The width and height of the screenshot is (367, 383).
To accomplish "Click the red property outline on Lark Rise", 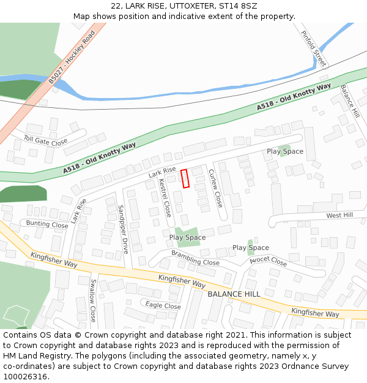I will tap(185, 178).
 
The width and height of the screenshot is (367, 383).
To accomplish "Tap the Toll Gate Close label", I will tap(45, 141).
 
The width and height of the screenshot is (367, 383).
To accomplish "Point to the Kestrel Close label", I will tap(165, 197).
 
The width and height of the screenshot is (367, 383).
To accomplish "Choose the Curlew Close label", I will tap(215, 188).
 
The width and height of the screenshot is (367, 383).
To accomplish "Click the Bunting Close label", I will tap(47, 224).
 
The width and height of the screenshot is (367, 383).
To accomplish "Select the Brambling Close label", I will tap(195, 258).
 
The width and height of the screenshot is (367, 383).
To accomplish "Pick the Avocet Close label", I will tap(269, 261).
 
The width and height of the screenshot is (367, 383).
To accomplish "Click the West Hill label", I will tap(339, 216).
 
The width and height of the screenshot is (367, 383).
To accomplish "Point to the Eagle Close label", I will tap(163, 306).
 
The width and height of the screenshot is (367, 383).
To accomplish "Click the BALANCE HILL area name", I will tap(234, 294).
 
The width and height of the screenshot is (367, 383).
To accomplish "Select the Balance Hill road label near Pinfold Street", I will tap(350, 101).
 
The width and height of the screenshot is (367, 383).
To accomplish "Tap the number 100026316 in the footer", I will tap(25, 377).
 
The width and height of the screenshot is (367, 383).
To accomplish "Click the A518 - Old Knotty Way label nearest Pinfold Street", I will tap(294, 96).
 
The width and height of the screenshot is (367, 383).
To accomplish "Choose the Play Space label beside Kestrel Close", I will tap(187, 237).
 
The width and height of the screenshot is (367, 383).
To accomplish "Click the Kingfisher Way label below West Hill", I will tap(315, 313).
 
